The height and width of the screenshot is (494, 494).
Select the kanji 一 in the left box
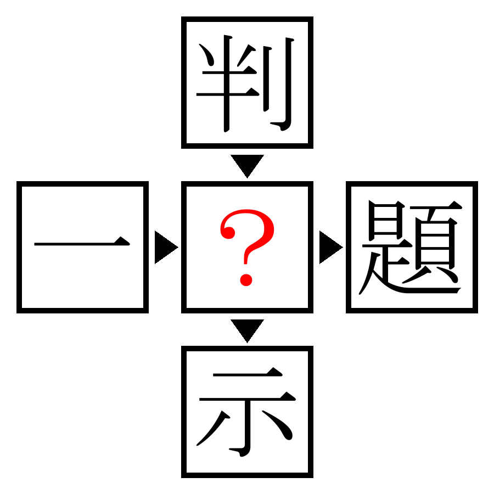point(82,242)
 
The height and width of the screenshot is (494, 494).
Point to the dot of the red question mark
point(246,280)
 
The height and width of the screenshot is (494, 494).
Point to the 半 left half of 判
point(227,83)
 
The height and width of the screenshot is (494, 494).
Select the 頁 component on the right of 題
point(436,243)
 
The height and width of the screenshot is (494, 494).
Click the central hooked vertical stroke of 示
point(248,425)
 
